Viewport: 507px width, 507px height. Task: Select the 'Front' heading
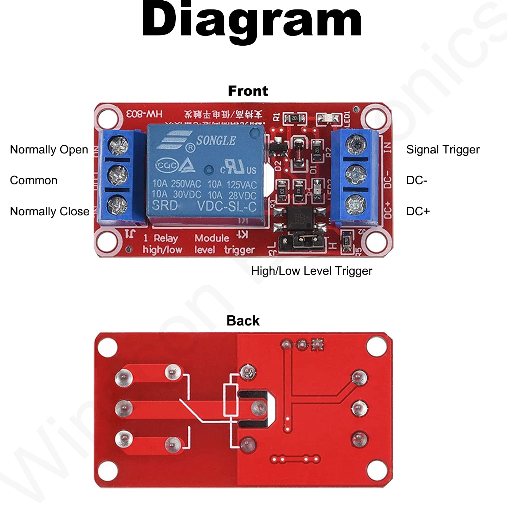click(x=248, y=91)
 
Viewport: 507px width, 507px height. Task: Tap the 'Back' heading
click(x=243, y=320)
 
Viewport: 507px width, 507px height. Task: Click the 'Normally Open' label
click(x=49, y=149)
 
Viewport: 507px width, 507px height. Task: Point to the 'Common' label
click(x=34, y=180)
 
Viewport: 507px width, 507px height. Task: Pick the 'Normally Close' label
click(x=50, y=211)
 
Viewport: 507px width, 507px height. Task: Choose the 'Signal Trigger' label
click(x=443, y=149)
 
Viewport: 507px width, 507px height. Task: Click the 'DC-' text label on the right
click(x=417, y=180)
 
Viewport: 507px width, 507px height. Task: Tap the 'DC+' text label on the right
click(x=418, y=211)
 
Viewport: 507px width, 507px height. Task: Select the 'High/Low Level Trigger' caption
click(x=312, y=271)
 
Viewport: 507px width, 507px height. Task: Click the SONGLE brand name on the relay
click(x=216, y=140)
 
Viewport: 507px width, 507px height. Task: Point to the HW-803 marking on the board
click(x=144, y=114)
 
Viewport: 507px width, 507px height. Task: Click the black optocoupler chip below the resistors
click(x=298, y=218)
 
